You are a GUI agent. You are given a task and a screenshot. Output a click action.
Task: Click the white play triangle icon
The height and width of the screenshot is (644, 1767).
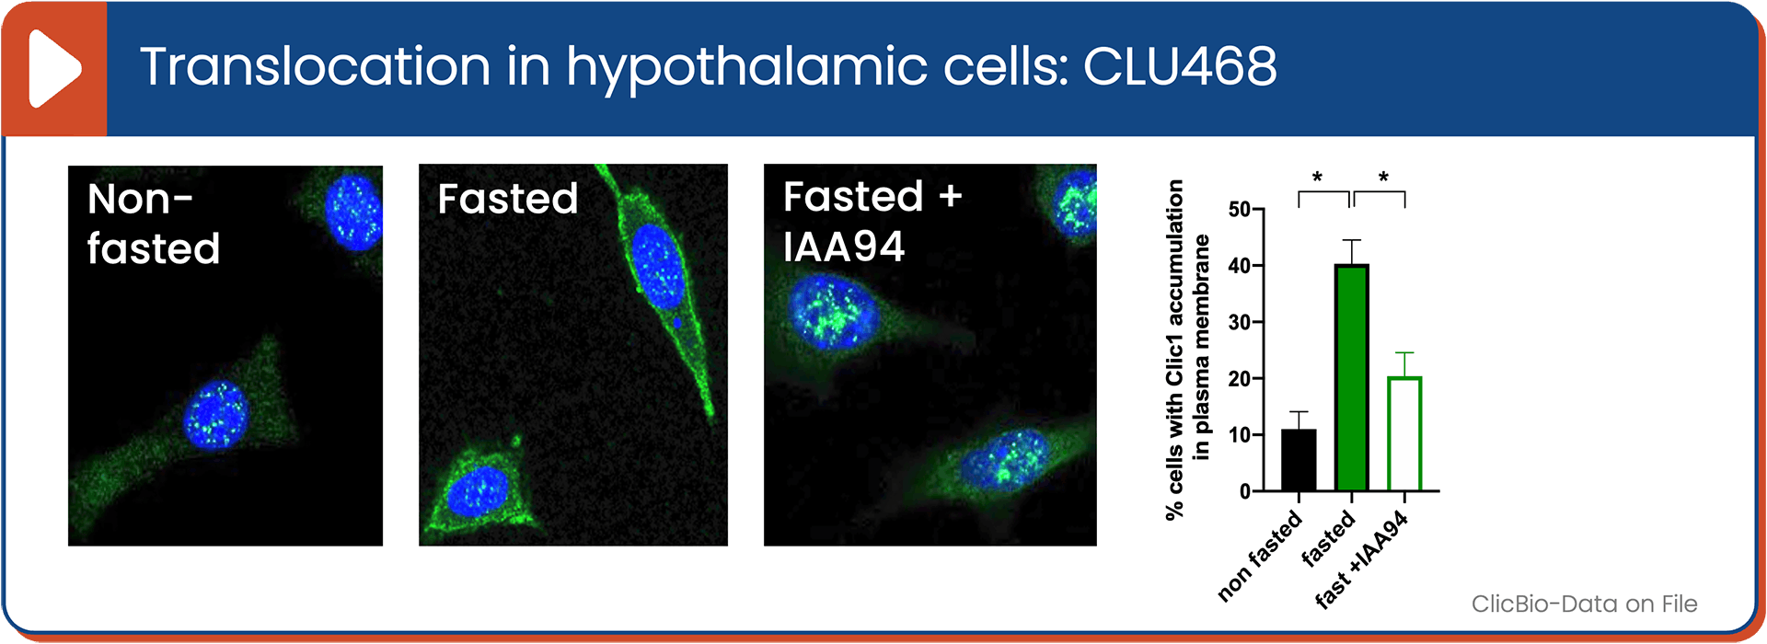pyautogui.click(x=53, y=69)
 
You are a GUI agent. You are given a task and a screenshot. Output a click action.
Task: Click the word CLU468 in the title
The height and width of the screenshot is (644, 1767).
pyautogui.click(x=1180, y=66)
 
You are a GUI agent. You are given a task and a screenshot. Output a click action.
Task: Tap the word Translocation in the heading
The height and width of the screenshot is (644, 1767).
pyautogui.click(x=315, y=66)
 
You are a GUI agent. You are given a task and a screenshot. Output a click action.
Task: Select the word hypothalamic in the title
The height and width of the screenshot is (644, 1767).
pyautogui.click(x=746, y=70)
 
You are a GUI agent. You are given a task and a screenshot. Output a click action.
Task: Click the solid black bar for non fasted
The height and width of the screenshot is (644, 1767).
pyautogui.click(x=1299, y=460)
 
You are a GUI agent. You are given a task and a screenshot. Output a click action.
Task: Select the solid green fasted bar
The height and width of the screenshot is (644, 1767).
pyautogui.click(x=1352, y=377)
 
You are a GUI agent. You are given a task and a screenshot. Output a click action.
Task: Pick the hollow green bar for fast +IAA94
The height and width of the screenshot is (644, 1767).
pyautogui.click(x=1404, y=433)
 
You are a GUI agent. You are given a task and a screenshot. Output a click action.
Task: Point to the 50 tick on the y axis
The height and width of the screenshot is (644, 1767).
pyautogui.click(x=1240, y=210)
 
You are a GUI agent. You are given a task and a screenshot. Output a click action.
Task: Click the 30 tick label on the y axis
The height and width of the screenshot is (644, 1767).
pyautogui.click(x=1240, y=322)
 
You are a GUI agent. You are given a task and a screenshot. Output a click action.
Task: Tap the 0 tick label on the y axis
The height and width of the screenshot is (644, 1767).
pyautogui.click(x=1245, y=491)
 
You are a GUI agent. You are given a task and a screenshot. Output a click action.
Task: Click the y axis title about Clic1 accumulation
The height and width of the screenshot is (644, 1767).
pyautogui.click(x=1187, y=350)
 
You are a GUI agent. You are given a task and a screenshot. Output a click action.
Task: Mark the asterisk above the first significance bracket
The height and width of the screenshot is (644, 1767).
pyautogui.click(x=1317, y=177)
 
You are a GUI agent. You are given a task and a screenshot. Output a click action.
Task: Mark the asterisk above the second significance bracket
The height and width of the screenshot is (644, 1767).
pyautogui.click(x=1383, y=177)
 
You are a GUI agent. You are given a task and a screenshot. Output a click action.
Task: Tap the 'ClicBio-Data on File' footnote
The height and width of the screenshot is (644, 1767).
pyautogui.click(x=1584, y=604)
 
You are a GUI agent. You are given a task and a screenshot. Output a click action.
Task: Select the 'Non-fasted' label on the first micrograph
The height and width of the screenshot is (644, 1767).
pyautogui.click(x=154, y=224)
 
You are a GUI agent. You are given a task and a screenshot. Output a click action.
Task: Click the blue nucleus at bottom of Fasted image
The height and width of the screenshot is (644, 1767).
pyautogui.click(x=478, y=490)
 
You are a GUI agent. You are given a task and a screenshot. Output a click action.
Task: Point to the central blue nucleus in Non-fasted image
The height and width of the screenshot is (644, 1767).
pyautogui.click(x=215, y=414)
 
